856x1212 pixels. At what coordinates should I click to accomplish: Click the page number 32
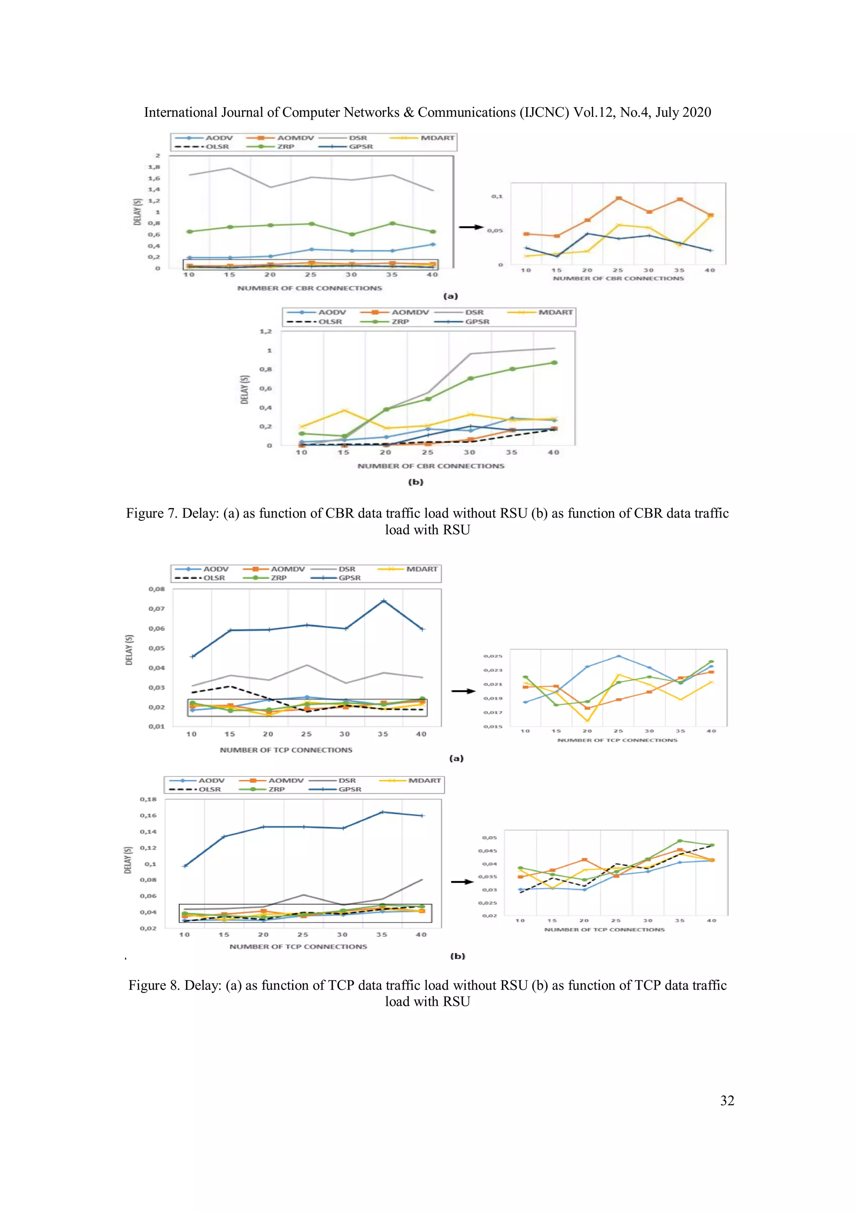727,1101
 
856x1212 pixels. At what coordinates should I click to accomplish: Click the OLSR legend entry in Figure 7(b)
330,321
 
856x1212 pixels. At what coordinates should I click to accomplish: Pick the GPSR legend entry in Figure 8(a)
349,578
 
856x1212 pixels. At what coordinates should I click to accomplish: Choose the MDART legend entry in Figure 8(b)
424,780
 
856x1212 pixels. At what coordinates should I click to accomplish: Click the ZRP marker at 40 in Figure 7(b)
554,363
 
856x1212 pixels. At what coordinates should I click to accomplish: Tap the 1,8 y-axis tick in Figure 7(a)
154,167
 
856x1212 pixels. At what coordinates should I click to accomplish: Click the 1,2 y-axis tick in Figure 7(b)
266,331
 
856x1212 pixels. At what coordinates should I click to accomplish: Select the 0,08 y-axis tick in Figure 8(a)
157,589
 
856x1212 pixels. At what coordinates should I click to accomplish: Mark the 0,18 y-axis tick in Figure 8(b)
148,799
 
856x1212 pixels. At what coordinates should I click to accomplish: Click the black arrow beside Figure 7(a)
471,227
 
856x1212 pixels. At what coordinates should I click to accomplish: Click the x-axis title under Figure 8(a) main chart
286,750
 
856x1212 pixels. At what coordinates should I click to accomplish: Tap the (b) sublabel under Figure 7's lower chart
415,482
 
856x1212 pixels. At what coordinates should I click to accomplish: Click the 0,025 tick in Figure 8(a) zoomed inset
493,656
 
